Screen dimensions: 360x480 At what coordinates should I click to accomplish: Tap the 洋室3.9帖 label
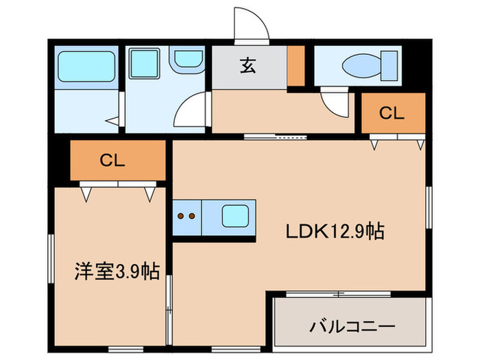click(117, 272)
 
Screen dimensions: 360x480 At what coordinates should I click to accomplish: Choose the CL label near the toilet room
click(392, 114)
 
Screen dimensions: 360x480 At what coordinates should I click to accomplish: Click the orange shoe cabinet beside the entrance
click(296, 66)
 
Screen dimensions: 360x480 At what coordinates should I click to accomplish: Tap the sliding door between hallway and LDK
click(274, 136)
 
